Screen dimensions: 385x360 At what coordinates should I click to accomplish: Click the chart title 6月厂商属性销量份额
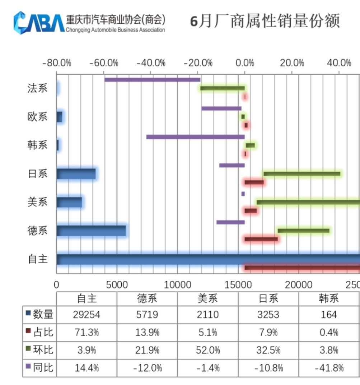[265, 22]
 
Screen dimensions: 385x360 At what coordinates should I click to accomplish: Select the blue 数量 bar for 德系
[91, 231]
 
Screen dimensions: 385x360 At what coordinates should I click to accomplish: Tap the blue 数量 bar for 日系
[76, 174]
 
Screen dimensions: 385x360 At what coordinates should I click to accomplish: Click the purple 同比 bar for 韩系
[195, 137]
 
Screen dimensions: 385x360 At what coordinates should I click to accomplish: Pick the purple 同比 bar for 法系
[152, 80]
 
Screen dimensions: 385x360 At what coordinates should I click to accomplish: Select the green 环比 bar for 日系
[301, 174]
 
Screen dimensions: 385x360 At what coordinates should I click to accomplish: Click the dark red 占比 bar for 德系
[261, 239]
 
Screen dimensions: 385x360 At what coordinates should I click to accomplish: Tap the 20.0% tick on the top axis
[292, 63]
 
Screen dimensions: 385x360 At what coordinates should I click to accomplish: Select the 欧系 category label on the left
[37, 117]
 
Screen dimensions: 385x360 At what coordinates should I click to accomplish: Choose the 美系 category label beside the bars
[37, 202]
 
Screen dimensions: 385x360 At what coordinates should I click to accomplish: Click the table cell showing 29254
[87, 315]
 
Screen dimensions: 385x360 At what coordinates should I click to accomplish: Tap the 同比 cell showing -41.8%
[329, 368]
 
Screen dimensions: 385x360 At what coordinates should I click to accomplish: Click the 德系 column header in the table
[147, 298]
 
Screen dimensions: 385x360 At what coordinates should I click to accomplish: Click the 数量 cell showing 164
[329, 315]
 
